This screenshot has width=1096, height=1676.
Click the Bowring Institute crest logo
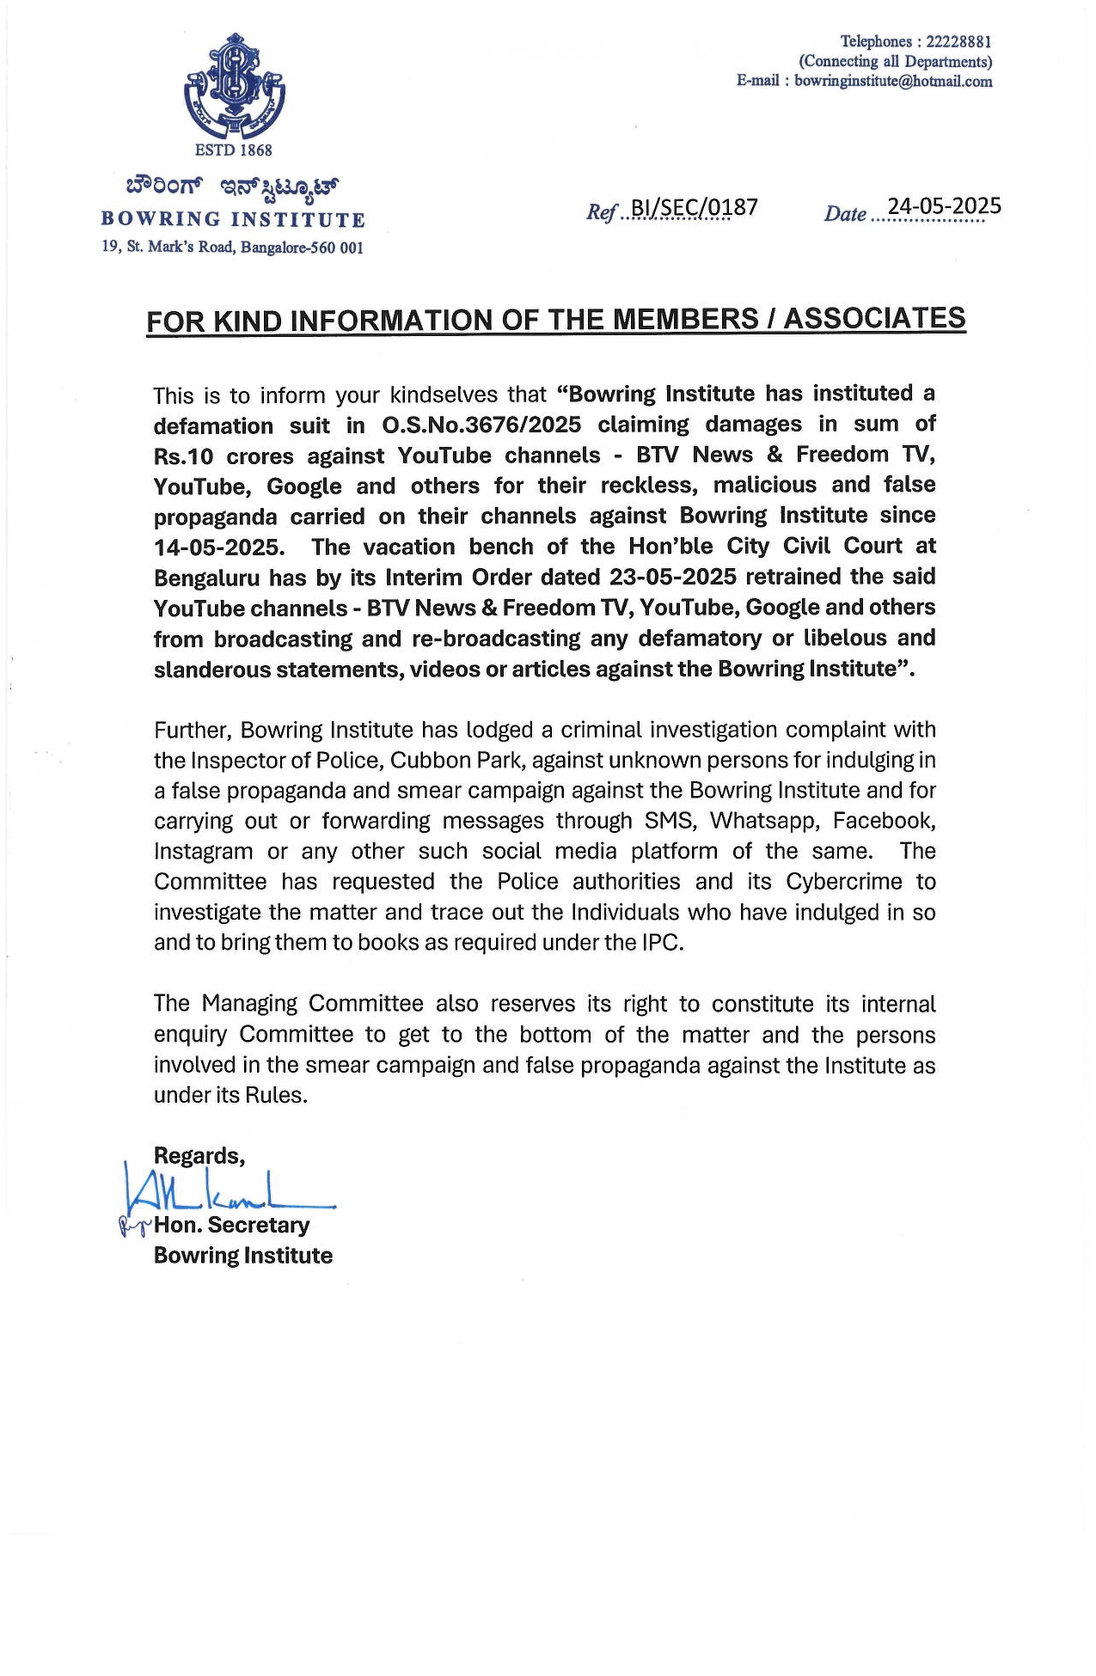click(x=234, y=86)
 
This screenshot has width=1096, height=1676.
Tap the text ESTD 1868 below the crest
click(x=233, y=150)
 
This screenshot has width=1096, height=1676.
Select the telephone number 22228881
click(x=958, y=41)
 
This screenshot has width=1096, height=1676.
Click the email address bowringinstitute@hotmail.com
click(x=893, y=82)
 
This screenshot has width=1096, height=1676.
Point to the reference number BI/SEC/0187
click(x=694, y=208)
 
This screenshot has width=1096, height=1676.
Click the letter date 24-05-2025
click(x=944, y=206)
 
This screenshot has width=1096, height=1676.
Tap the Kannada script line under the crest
click(x=232, y=186)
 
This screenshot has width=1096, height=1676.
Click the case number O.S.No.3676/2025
click(x=481, y=425)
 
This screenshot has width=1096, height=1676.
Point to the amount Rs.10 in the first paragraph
click(x=183, y=456)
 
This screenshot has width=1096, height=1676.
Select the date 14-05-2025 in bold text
click(x=218, y=547)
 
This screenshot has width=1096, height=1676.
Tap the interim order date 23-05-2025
click(x=672, y=577)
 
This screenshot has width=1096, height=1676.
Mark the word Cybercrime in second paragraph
click(x=844, y=882)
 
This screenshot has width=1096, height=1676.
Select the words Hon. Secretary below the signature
click(x=231, y=1226)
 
